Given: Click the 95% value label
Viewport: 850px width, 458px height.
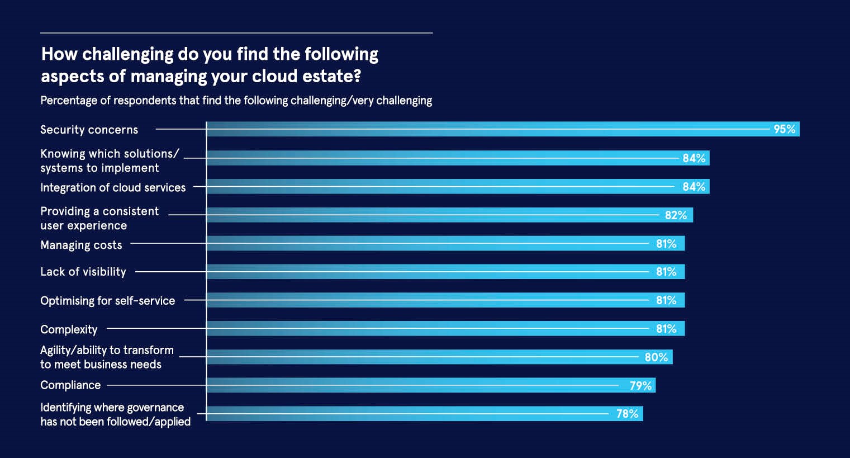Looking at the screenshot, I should click(x=784, y=129).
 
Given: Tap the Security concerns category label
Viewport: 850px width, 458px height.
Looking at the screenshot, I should click(x=89, y=130).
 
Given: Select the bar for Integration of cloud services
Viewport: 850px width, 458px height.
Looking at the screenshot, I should click(x=436, y=187).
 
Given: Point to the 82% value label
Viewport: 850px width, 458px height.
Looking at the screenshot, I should click(x=676, y=215).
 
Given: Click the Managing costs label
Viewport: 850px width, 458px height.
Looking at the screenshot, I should click(x=81, y=245).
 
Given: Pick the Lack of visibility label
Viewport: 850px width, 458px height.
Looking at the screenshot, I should click(x=83, y=272).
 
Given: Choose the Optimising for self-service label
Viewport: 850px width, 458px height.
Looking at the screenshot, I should click(x=107, y=301).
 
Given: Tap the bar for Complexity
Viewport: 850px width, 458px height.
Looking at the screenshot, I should click(x=436, y=329).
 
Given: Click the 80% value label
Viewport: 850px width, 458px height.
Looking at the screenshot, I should click(x=656, y=357).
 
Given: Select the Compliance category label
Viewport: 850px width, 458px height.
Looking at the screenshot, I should click(x=70, y=385).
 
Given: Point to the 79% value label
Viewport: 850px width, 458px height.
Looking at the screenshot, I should click(x=640, y=386).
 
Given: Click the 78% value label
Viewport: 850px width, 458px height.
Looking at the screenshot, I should click(x=627, y=414).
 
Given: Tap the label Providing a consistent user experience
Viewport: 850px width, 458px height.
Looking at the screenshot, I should click(x=99, y=219).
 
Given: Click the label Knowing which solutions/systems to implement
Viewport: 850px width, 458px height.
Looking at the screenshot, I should click(x=109, y=160).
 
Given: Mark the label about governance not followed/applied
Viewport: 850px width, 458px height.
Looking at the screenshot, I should click(x=115, y=414).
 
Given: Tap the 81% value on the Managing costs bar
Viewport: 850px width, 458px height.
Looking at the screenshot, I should click(x=666, y=244).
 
